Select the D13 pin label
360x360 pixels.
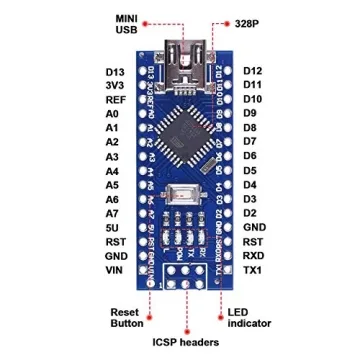(114, 72)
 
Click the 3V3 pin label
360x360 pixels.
(114, 86)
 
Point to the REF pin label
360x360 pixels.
(114, 100)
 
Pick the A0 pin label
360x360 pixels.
(111, 115)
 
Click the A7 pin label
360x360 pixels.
(111, 213)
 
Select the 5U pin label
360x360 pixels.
(111, 227)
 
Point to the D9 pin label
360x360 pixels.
(250, 114)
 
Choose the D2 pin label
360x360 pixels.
(250, 213)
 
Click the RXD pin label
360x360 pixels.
(254, 256)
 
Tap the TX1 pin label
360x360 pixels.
(253, 270)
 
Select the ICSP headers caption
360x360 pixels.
(186, 342)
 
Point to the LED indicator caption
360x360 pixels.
(249, 318)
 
